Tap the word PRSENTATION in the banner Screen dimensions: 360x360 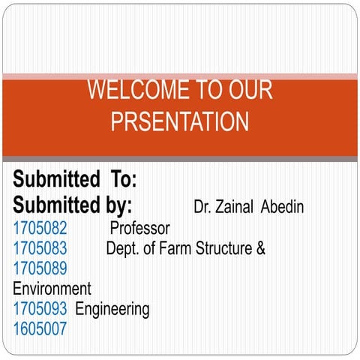[180, 122]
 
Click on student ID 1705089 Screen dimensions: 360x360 [40, 268]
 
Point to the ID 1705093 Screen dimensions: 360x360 [40, 308]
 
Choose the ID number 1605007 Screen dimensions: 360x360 [40, 328]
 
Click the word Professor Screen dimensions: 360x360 [139, 228]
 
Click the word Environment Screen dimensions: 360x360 [52, 289]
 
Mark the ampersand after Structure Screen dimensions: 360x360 [260, 248]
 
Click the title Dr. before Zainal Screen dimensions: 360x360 [202, 207]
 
